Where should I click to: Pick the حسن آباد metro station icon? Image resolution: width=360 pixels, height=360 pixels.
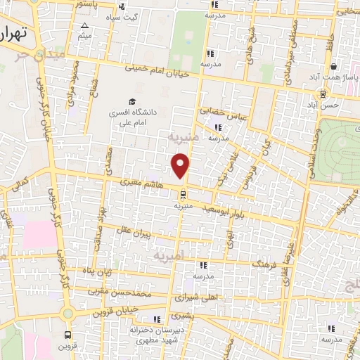click(322, 94)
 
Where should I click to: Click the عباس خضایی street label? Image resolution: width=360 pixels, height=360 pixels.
click(222, 111)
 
